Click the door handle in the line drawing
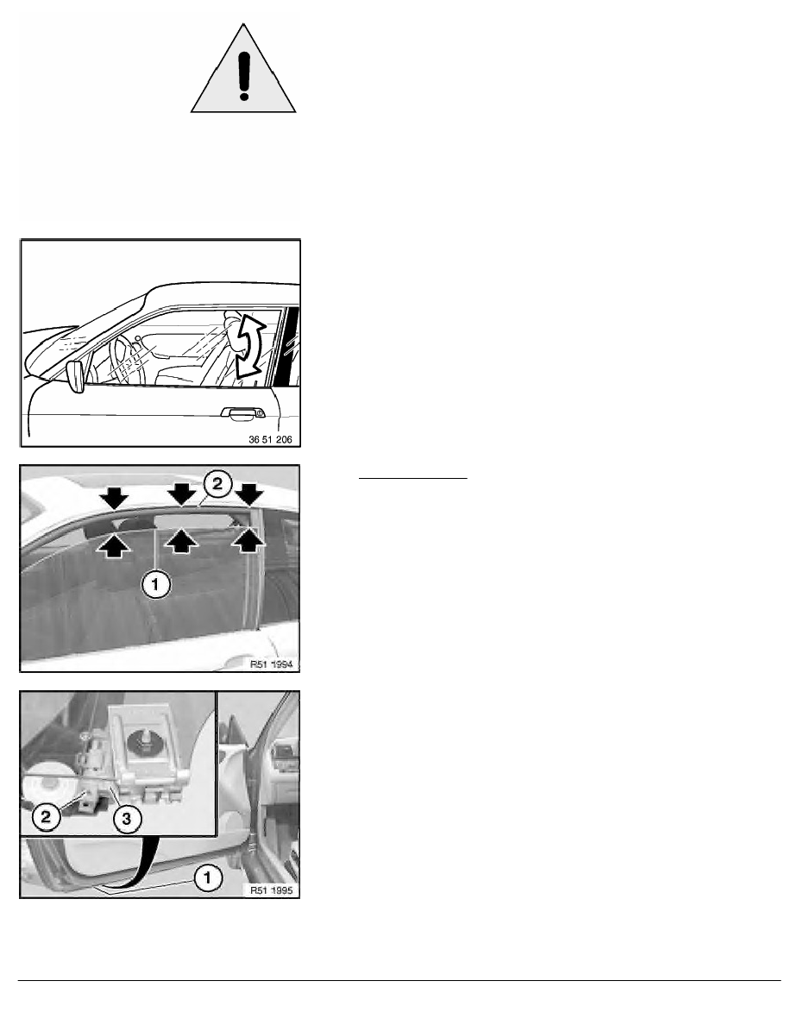(242, 414)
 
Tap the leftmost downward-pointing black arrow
(116, 496)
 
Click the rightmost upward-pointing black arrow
(249, 541)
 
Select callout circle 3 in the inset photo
(127, 818)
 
